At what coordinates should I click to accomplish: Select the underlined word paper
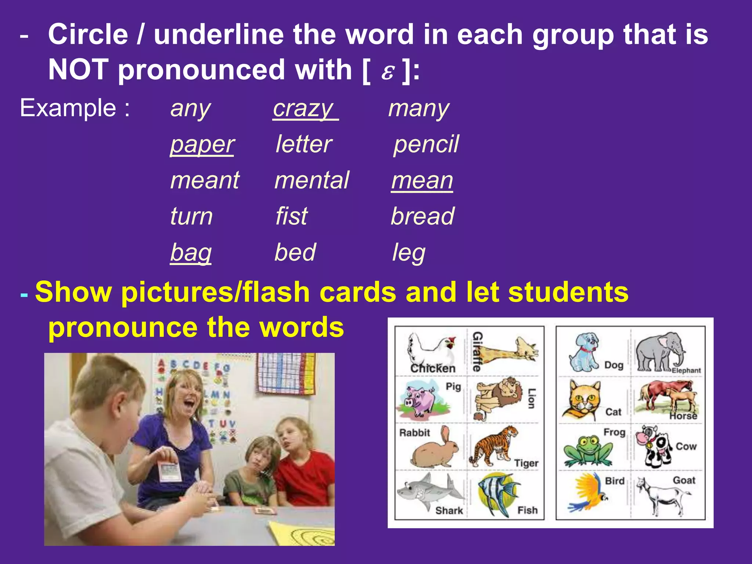point(202,144)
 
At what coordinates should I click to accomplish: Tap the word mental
point(312,180)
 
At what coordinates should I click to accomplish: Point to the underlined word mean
point(422,180)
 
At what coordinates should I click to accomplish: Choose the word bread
point(423,216)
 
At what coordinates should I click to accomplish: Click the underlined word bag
point(191,252)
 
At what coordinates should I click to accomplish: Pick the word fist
point(292,216)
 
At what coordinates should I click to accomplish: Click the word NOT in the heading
point(78,70)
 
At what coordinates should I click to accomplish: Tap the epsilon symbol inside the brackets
point(387,72)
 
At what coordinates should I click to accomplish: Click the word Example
point(68,108)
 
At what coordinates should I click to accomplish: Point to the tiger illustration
point(493,446)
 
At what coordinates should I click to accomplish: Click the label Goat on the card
point(684,480)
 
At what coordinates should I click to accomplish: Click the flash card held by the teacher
point(170,471)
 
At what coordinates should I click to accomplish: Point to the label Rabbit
point(414,433)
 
